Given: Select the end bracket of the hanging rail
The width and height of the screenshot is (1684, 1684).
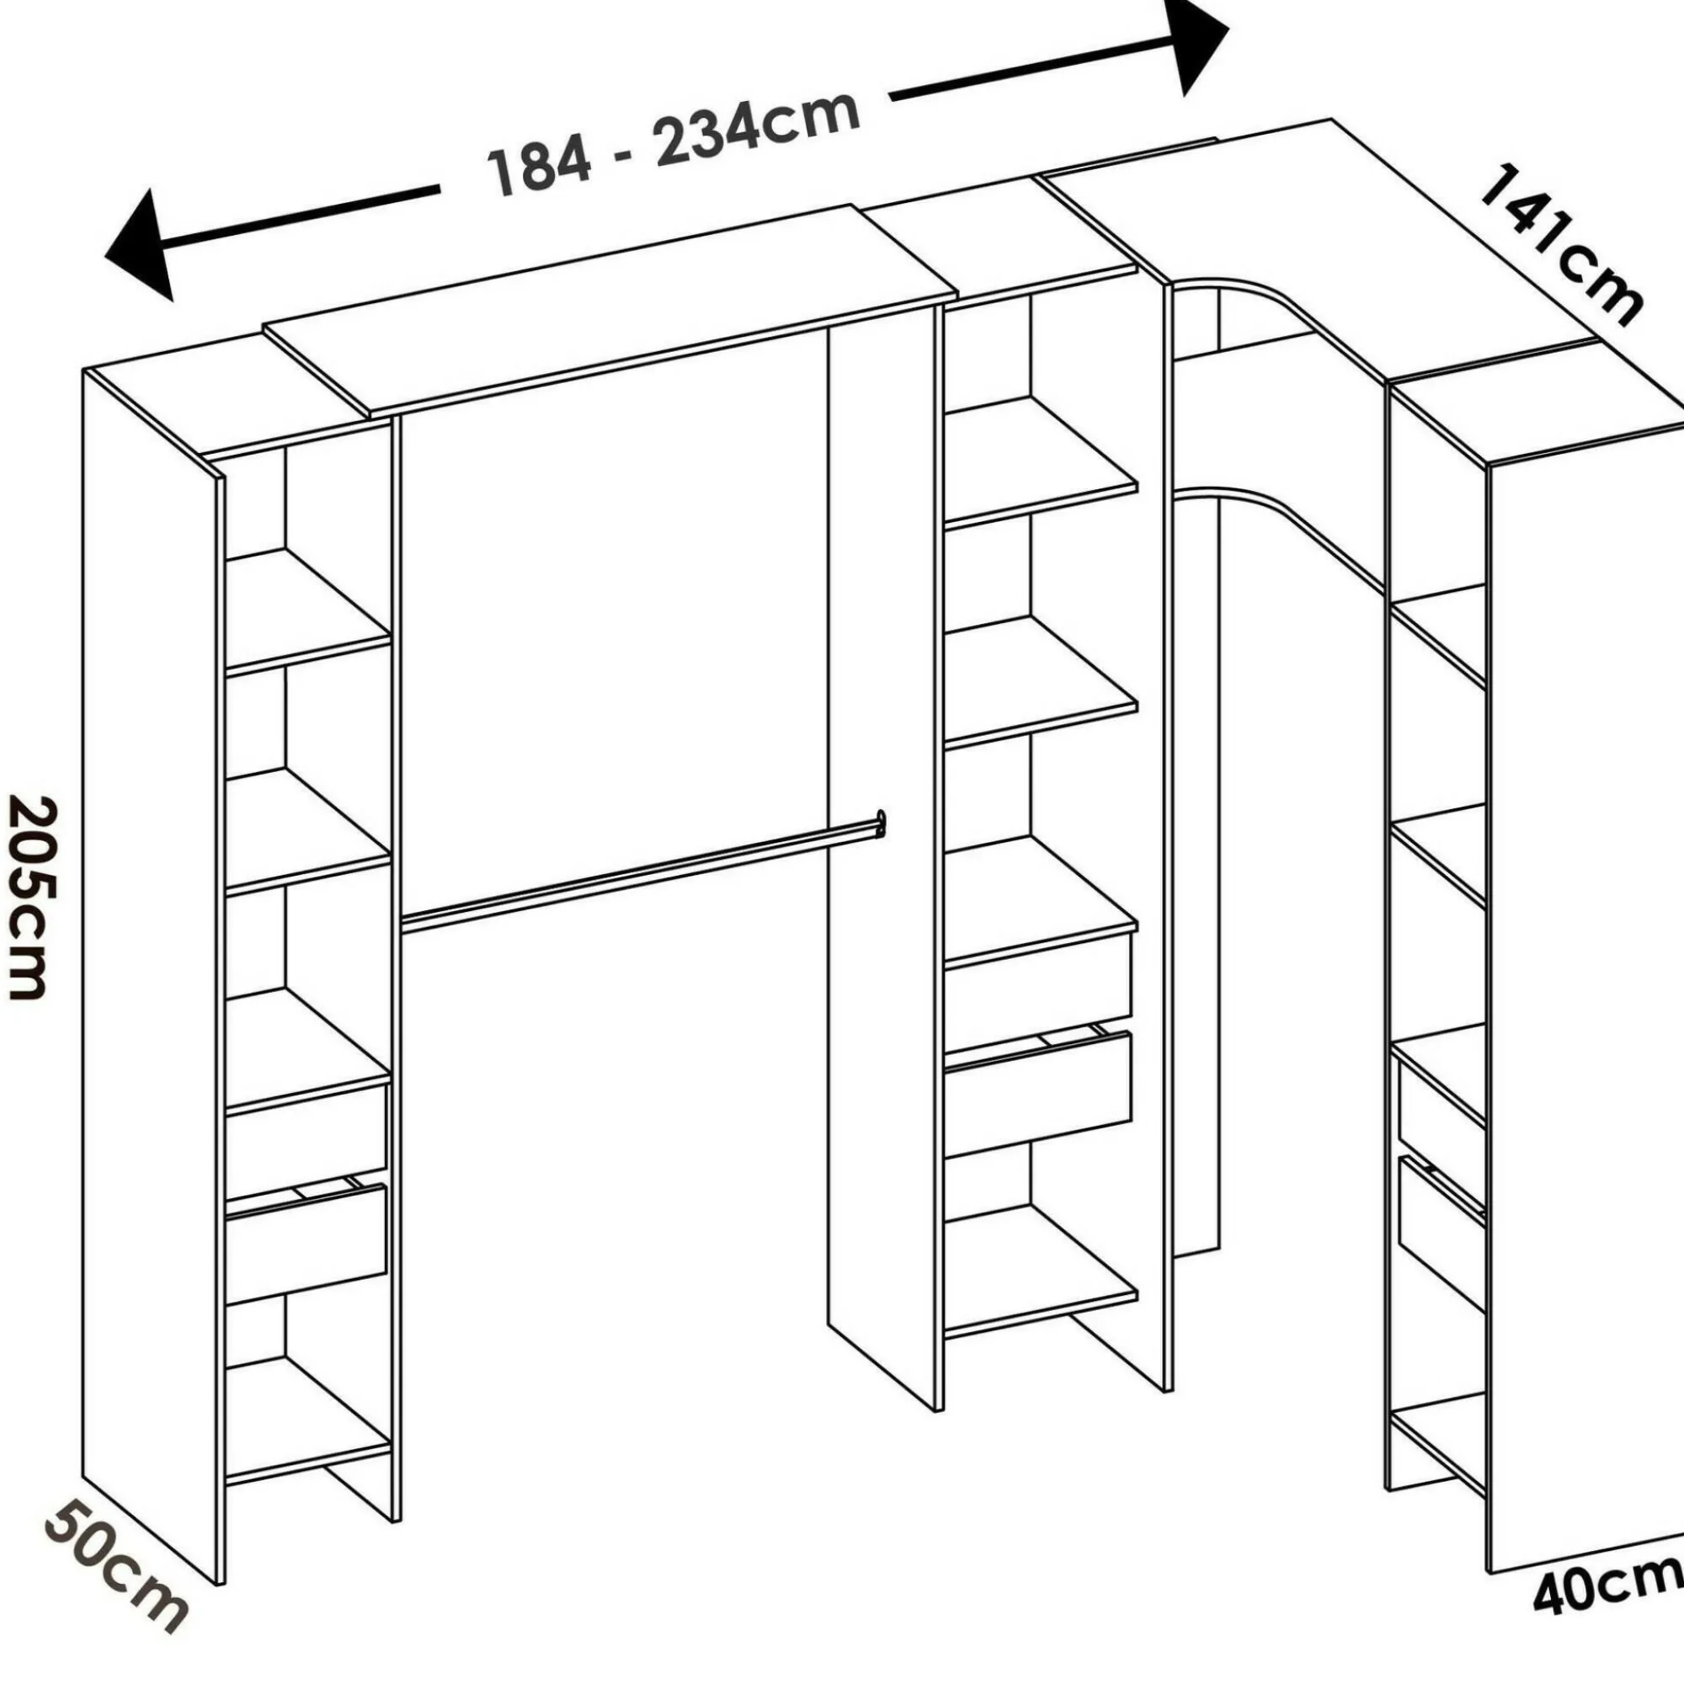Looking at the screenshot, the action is coord(881,823).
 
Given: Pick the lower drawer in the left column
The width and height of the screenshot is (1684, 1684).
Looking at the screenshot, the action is coord(306,1242).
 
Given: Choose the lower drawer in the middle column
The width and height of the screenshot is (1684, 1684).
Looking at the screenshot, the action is coord(1038,1090).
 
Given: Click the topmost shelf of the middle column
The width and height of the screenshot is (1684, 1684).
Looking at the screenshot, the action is coord(1041,462).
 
